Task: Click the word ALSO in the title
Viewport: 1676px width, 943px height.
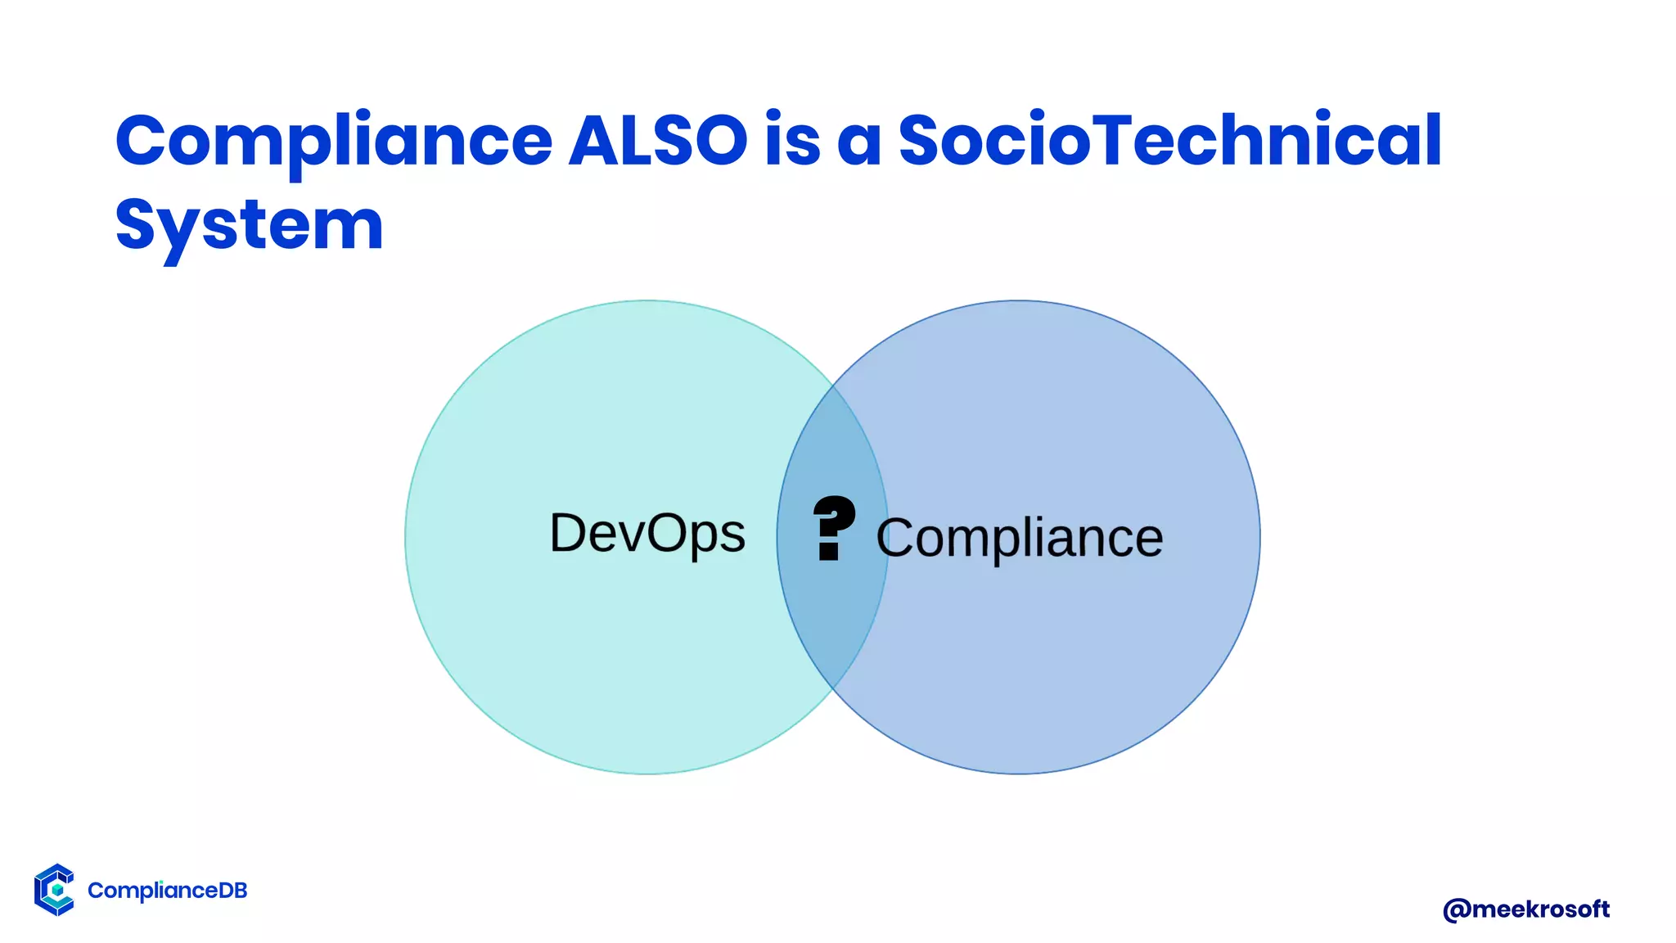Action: tap(658, 141)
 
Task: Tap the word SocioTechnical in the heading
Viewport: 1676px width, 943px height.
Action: tap(1170, 141)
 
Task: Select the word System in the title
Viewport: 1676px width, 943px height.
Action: tap(250, 226)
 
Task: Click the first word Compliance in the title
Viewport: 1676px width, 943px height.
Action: tap(334, 141)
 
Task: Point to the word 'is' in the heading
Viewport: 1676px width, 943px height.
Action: tap(792, 141)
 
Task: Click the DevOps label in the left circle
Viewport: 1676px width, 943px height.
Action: tap(647, 534)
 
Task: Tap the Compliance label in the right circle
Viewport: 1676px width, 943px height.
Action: tap(1020, 538)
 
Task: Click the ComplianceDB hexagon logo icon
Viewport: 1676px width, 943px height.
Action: tap(55, 890)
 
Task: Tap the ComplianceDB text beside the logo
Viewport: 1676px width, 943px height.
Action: tap(167, 891)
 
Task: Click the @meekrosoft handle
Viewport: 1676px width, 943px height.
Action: tap(1526, 909)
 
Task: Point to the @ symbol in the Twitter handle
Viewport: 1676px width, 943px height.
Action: tap(1457, 910)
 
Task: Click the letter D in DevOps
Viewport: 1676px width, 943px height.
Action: tap(571, 534)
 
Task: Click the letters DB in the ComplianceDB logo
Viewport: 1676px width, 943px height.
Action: tap(232, 891)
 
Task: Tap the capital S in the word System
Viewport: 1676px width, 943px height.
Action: tap(136, 224)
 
